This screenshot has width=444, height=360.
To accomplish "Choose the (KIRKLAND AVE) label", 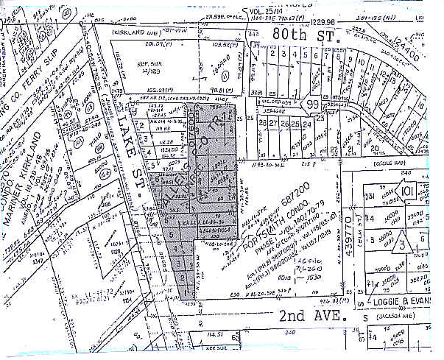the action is (x=137, y=33).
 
